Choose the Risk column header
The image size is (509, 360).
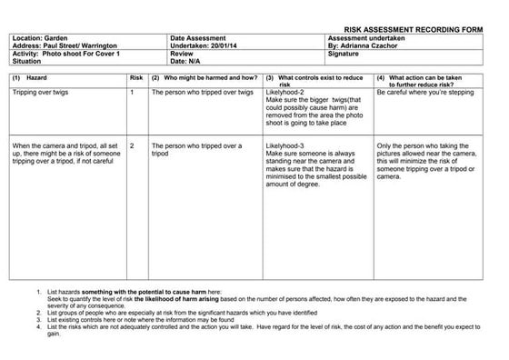[x=136, y=78]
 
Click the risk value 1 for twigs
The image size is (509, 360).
[x=133, y=93]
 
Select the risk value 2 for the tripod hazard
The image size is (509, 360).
[x=133, y=145]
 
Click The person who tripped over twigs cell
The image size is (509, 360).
[x=202, y=93]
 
